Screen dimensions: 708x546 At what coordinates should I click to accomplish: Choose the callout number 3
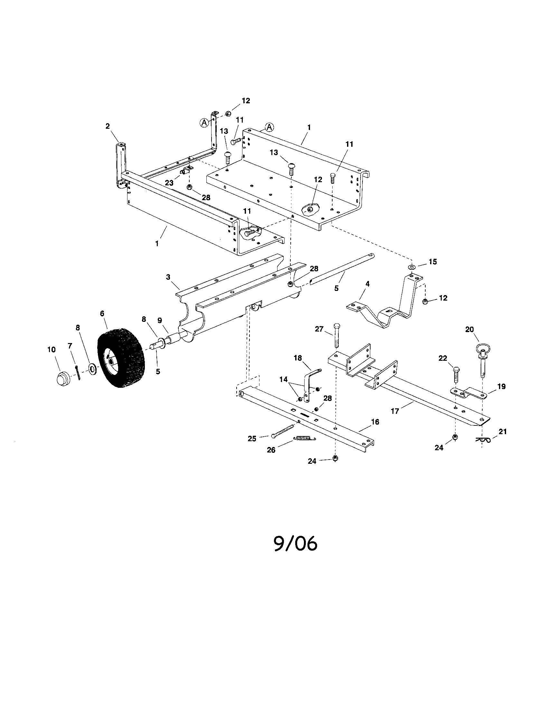tap(168, 277)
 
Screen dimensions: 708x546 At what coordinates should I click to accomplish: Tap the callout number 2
tap(108, 126)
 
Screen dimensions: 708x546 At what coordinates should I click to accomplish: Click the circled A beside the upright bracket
tap(204, 123)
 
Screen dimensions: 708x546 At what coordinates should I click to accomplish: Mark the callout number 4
tap(367, 284)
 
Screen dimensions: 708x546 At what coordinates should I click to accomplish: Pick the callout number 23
tap(169, 183)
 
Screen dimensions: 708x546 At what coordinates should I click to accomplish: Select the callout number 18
tap(298, 358)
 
